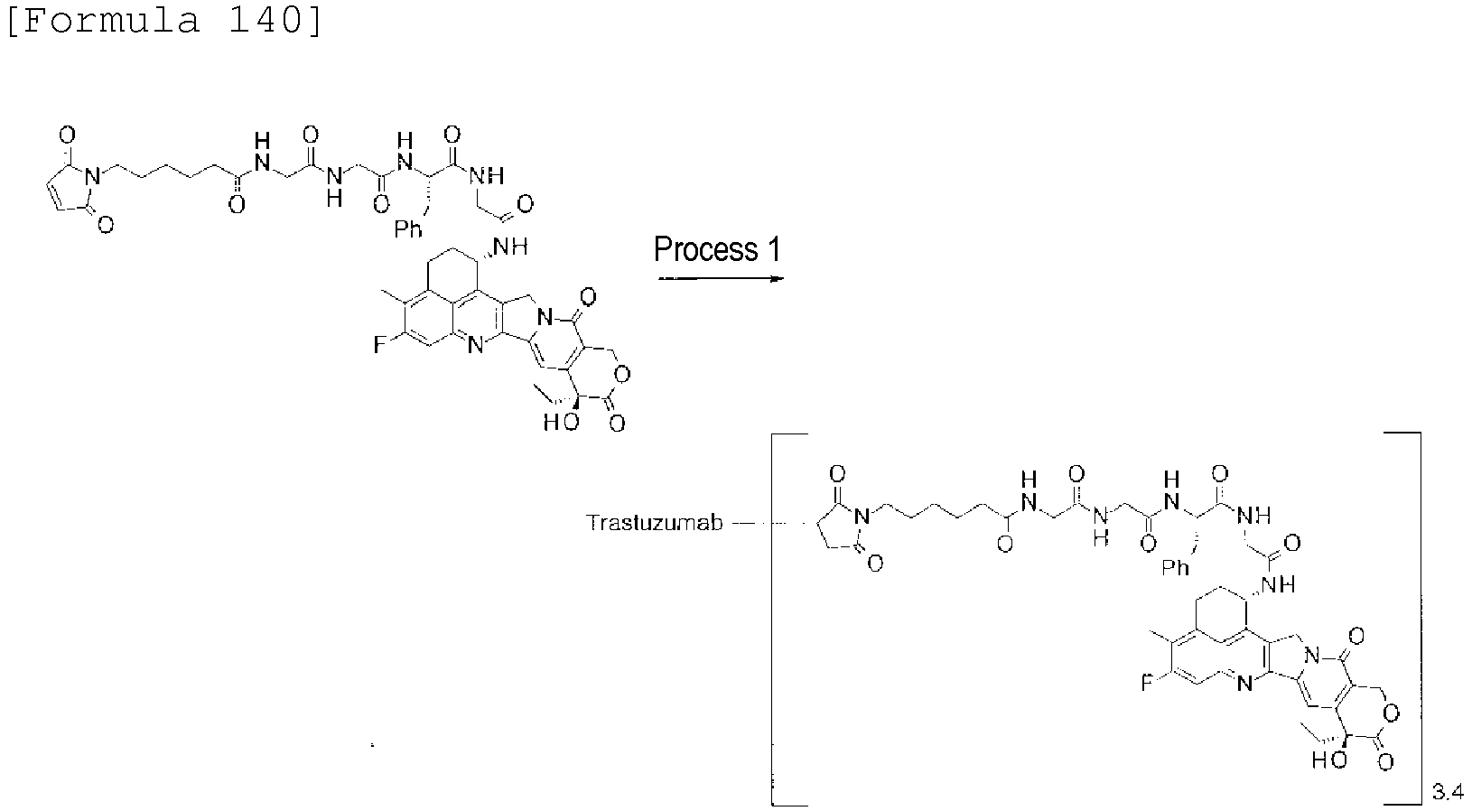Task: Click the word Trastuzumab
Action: pyautogui.click(x=654, y=523)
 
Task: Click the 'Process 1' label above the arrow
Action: pyautogui.click(x=717, y=249)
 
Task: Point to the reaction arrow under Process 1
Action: pyautogui.click(x=721, y=279)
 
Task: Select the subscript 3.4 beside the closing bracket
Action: pyautogui.click(x=1447, y=793)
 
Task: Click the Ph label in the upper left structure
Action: pyautogui.click(x=407, y=229)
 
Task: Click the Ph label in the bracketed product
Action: pyautogui.click(x=1176, y=567)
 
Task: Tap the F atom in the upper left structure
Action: pyautogui.click(x=379, y=344)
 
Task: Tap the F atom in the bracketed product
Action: pyautogui.click(x=1148, y=683)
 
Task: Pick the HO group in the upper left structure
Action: pyautogui.click(x=561, y=422)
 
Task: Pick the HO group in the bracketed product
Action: pyautogui.click(x=1329, y=761)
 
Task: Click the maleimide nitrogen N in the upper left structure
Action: pyautogui.click(x=93, y=176)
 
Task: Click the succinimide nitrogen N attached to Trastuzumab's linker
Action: pyautogui.click(x=862, y=516)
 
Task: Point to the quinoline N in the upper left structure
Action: pyautogui.click(x=475, y=345)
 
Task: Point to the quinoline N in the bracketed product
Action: pyautogui.click(x=1244, y=685)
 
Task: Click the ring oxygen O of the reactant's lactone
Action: pyautogui.click(x=621, y=375)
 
